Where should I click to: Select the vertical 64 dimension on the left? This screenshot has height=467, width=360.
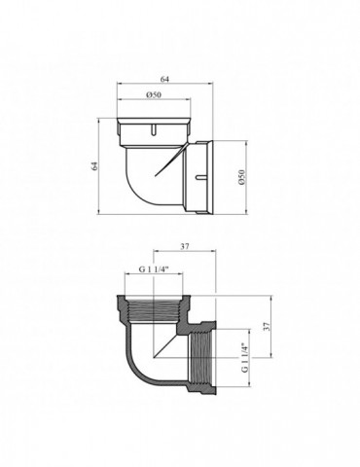click(x=95, y=167)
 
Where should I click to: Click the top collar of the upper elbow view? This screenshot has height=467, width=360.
click(x=154, y=127)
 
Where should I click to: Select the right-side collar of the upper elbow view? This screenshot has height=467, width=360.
click(x=216, y=177)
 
